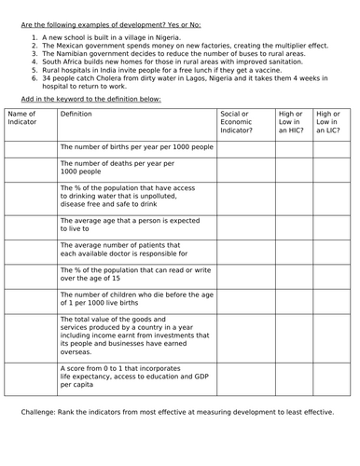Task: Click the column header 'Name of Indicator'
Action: coord(23,117)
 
